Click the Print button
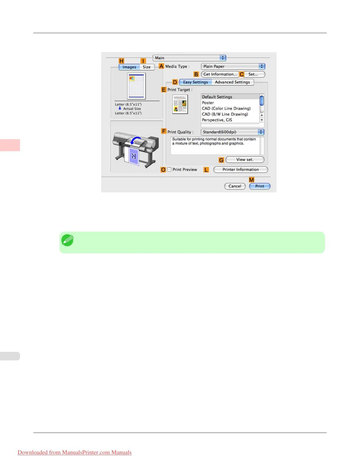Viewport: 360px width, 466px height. point(259,186)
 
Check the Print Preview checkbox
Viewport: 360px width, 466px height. point(169,169)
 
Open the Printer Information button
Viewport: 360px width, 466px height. point(240,170)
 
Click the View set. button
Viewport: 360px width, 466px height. point(245,160)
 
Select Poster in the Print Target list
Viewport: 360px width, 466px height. point(208,103)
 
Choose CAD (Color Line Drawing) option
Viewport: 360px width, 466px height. point(226,109)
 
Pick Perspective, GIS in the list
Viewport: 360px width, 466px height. point(217,120)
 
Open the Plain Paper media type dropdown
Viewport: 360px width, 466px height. point(233,66)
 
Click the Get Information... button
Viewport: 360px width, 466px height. point(220,74)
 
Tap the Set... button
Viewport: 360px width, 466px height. point(253,74)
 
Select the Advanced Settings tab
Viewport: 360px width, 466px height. point(232,82)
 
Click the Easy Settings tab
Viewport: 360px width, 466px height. point(196,82)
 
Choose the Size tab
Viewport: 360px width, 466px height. point(147,67)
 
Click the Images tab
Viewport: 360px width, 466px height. point(129,67)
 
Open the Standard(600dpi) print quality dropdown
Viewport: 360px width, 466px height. point(232,132)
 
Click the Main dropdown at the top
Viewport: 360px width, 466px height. point(189,58)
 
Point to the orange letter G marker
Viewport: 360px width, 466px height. point(221,160)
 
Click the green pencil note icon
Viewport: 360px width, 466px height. point(67,240)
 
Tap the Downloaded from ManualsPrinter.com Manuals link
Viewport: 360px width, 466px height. point(75,452)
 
